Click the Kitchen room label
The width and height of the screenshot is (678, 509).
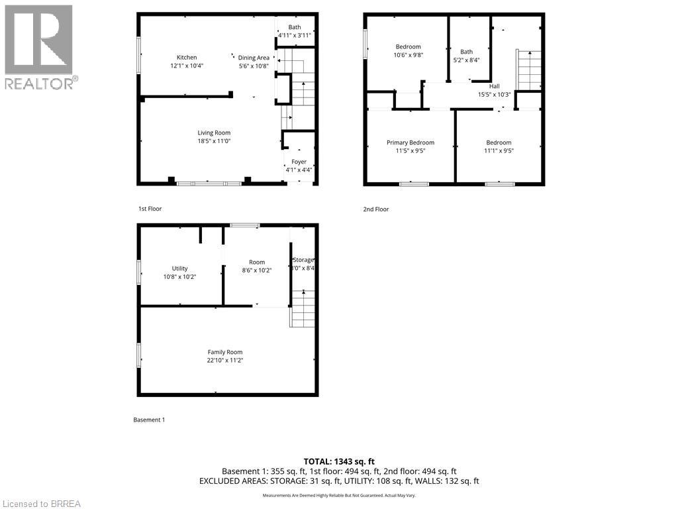[x=186, y=58]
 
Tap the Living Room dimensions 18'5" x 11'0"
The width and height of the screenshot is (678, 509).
[x=213, y=141]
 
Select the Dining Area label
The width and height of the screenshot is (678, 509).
[x=254, y=58]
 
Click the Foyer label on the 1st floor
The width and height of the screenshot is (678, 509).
[x=299, y=162]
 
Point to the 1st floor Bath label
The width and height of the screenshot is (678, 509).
[x=294, y=27]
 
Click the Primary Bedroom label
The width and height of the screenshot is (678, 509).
[x=410, y=142]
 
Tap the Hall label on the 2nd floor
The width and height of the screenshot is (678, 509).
[x=494, y=86]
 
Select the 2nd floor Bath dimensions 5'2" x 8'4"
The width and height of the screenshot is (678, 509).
[x=466, y=60]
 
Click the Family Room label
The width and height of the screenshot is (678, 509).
[x=225, y=352]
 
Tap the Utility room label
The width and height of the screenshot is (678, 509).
[x=179, y=268]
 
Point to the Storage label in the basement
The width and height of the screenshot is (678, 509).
[x=303, y=260]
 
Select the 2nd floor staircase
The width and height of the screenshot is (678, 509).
[x=529, y=70]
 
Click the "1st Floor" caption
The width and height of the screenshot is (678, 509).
[x=150, y=209]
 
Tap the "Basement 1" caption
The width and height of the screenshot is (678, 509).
[x=149, y=420]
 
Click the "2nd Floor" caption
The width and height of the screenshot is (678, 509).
[x=375, y=209]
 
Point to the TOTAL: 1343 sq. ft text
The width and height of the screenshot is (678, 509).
[x=339, y=461]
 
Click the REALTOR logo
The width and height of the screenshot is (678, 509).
[x=39, y=46]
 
